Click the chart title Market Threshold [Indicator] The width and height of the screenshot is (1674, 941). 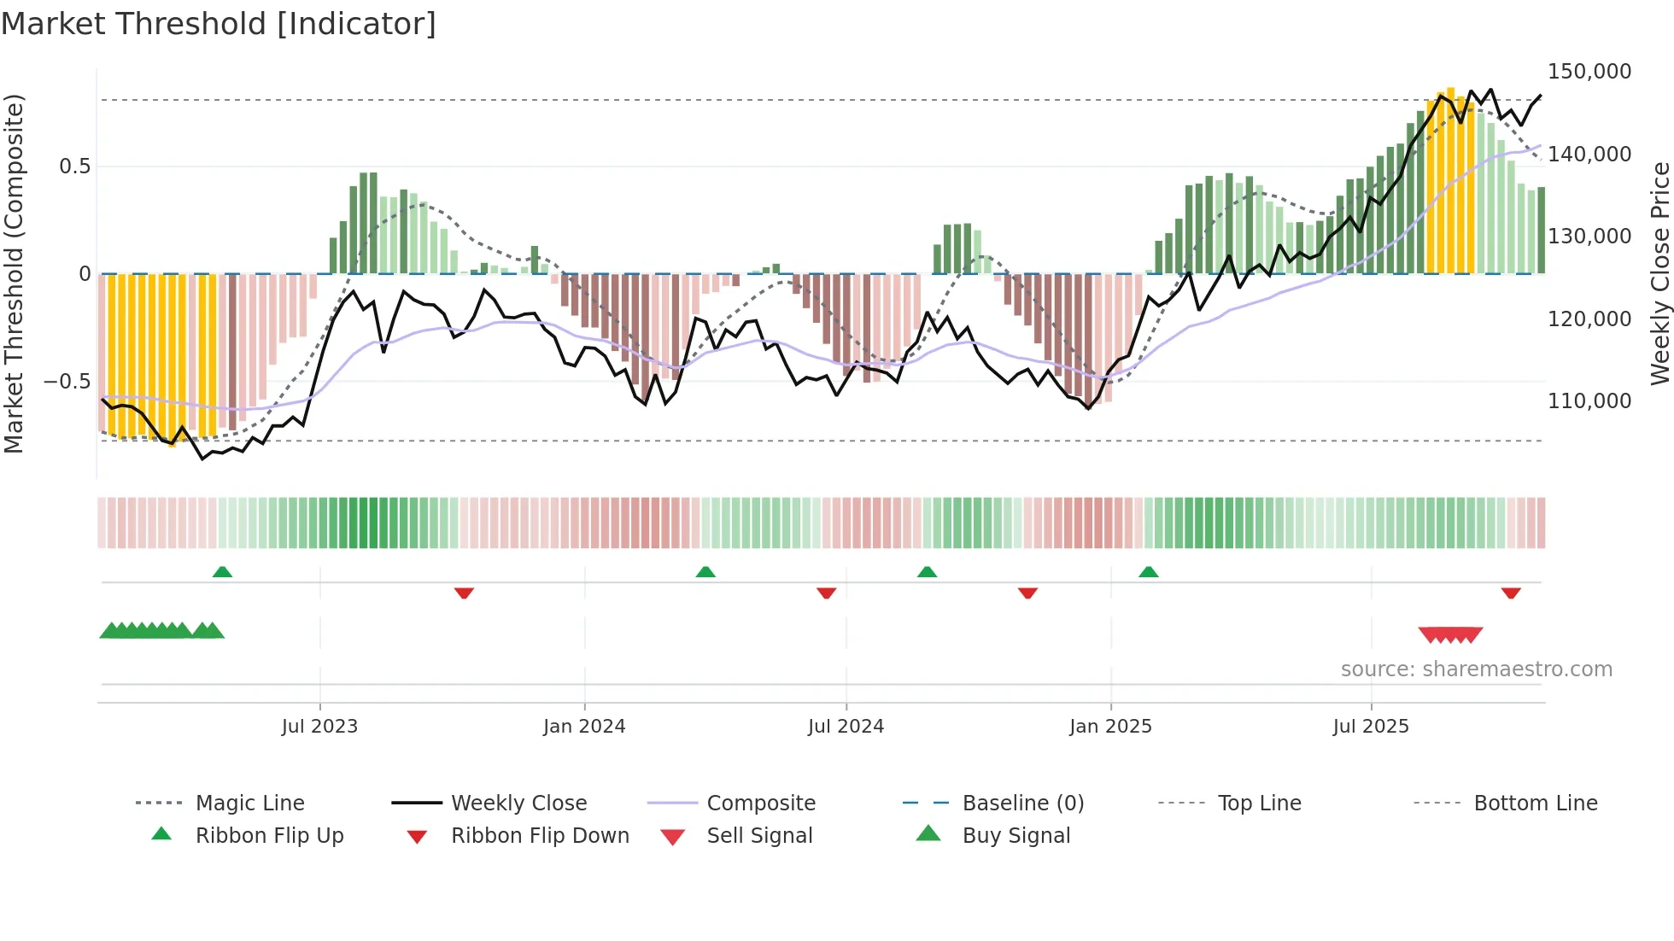point(219,24)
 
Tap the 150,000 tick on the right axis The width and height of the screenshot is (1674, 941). point(1589,72)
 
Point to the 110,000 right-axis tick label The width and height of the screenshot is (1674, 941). point(1589,400)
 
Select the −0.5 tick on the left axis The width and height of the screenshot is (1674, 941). point(67,381)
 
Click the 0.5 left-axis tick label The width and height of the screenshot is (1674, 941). point(74,166)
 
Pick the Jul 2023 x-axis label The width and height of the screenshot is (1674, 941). point(319,727)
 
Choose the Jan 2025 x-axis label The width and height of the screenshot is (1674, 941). point(1110,727)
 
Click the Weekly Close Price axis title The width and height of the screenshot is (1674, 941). point(1659,273)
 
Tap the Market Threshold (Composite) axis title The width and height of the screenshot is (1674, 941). point(14,273)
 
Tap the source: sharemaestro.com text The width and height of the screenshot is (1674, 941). point(1476,669)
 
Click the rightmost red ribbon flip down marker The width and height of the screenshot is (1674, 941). point(1511,593)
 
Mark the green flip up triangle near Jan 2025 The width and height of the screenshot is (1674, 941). point(1148,571)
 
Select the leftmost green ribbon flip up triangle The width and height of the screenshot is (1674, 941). point(222,571)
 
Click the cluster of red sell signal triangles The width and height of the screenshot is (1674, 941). point(1450,634)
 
